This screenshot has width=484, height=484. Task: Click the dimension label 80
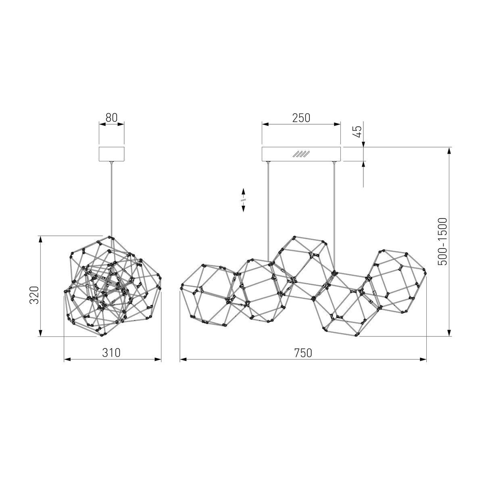coord(111,117)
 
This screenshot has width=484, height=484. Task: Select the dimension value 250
coord(301,118)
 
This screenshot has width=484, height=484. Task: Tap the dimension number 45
coord(357,131)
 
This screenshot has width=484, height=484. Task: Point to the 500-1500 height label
coord(442,242)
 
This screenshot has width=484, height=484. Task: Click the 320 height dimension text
coord(34,295)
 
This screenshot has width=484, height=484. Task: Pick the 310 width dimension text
coord(111,353)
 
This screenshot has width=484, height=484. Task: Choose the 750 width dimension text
coord(303,353)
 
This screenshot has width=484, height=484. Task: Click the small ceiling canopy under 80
coord(111,154)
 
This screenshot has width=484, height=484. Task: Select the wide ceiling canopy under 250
coord(301,154)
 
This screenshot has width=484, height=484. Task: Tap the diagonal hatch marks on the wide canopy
coord(301,154)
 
